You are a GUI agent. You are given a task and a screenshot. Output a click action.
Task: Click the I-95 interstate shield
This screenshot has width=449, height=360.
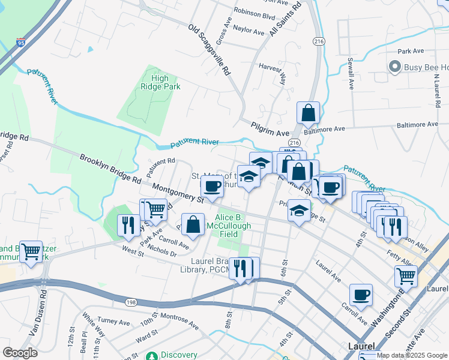click(21, 43)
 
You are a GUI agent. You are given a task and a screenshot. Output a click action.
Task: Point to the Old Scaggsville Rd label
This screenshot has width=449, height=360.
click(209, 50)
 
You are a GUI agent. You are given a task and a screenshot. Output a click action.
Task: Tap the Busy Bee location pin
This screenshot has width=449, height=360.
click(394, 67)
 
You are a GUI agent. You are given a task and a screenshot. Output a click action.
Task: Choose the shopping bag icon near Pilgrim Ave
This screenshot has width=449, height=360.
click(308, 112)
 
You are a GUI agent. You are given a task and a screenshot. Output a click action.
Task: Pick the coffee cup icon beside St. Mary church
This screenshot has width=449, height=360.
click(212, 186)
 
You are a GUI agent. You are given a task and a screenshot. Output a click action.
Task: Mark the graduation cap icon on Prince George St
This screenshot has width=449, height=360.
click(300, 211)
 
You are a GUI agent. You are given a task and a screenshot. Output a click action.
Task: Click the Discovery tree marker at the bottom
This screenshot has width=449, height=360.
click(154, 355)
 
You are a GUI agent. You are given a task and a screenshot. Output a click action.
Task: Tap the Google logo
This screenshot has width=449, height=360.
click(20, 353)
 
